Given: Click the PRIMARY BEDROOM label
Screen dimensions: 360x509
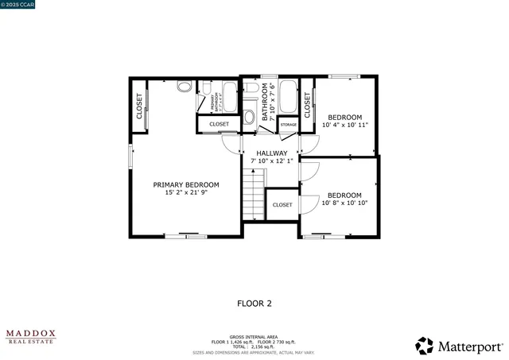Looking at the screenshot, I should click(186, 184).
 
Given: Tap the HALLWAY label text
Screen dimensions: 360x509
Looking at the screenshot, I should click(271, 153).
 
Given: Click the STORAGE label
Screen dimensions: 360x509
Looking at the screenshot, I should click(288, 125).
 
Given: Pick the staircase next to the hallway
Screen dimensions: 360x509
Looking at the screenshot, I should click(253, 195).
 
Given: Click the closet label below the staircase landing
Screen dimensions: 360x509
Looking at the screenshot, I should click(282, 205).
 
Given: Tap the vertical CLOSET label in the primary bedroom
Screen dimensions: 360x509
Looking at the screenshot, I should click(139, 106).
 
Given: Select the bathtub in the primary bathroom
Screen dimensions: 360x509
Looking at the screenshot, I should click(230, 98).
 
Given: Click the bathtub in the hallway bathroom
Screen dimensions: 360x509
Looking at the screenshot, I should click(287, 97).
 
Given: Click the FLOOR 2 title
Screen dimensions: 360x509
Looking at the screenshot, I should click(254, 303).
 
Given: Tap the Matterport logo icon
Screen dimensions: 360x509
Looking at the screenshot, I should click(425, 346).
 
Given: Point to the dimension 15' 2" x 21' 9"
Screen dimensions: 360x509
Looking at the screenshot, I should click(186, 192).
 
